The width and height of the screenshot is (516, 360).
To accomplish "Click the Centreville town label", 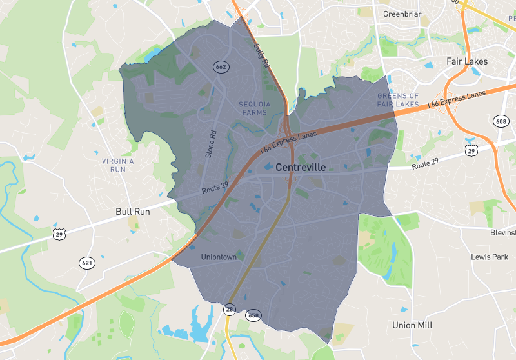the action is [300, 167].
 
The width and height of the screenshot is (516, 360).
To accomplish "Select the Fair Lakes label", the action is [467, 62].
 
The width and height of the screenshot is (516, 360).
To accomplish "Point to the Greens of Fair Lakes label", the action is [398, 100].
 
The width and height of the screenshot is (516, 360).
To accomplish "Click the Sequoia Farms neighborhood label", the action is [253, 108].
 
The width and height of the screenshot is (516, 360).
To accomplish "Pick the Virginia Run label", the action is [117, 165].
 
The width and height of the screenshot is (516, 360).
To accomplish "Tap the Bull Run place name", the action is [133, 211].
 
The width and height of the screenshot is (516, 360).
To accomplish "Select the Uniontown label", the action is [219, 257].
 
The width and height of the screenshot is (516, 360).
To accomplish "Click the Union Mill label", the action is [413, 325].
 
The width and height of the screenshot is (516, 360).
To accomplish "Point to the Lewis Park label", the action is [490, 257].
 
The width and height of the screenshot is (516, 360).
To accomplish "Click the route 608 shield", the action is [501, 121].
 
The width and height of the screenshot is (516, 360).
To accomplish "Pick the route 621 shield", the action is [87, 263].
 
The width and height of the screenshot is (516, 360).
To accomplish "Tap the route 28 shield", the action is [230, 310].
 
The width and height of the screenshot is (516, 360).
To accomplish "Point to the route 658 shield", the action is [253, 315].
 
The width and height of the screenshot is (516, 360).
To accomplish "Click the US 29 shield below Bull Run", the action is [59, 234].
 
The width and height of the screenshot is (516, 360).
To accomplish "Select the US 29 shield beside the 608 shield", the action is [471, 150].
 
